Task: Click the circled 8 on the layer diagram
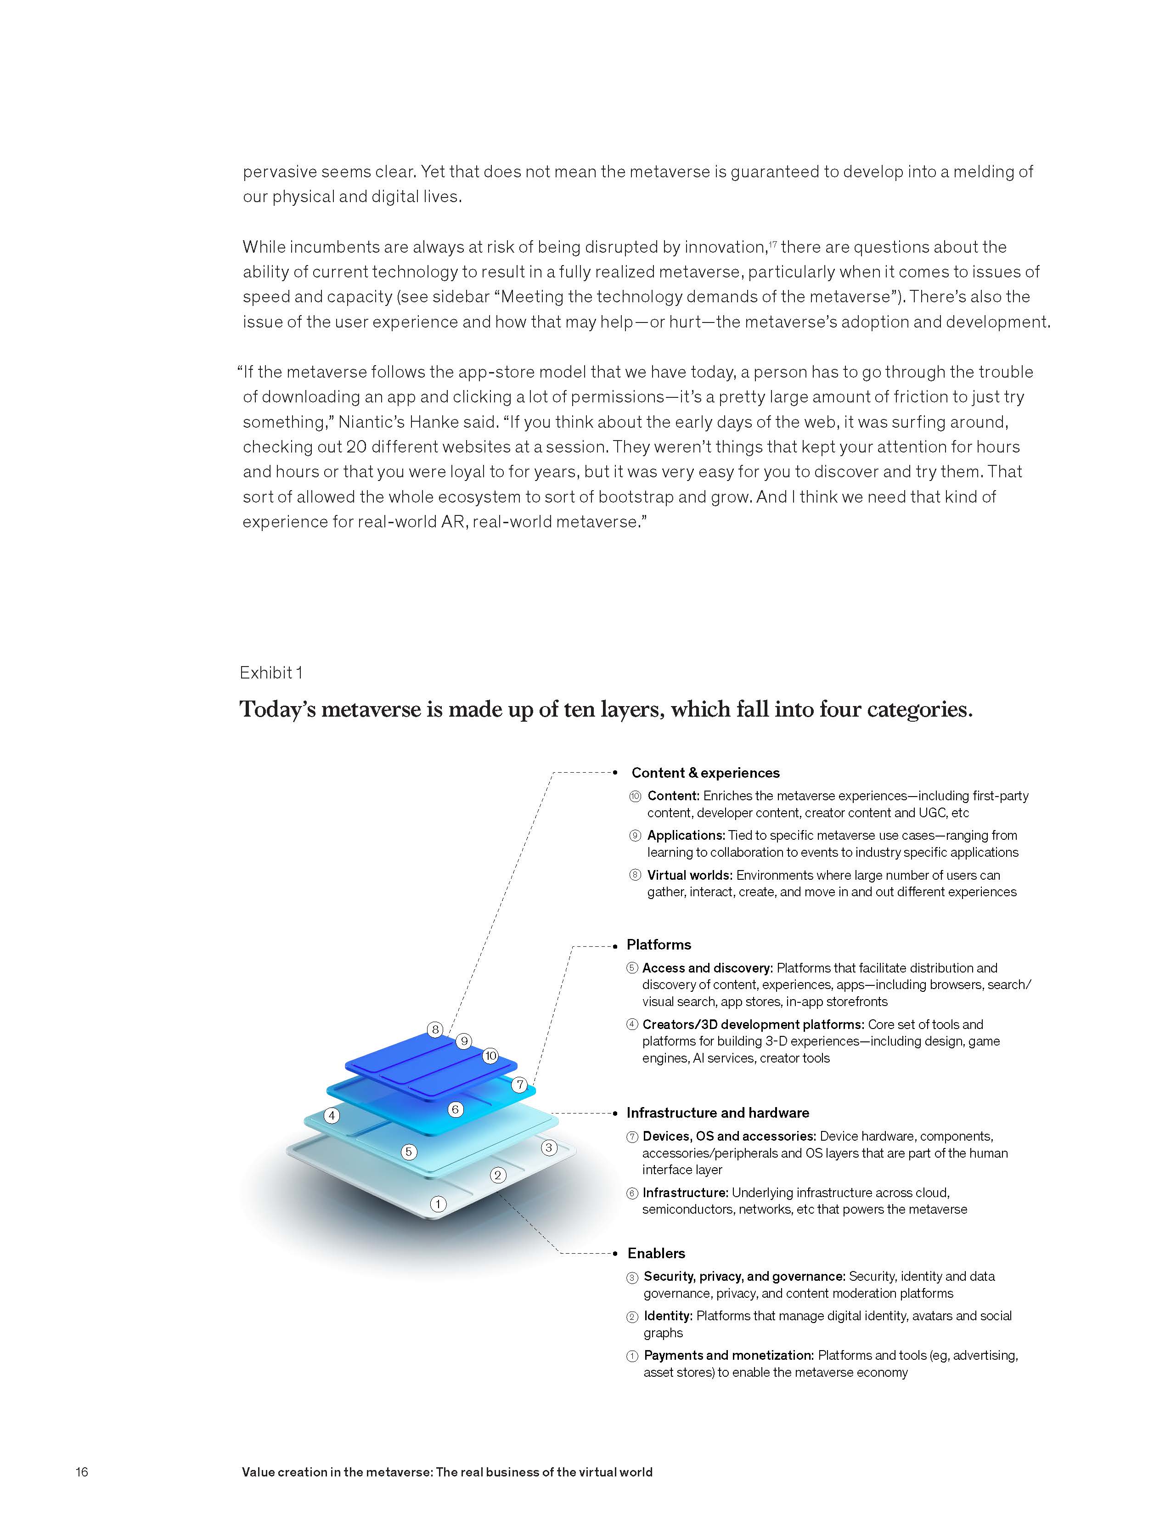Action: coord(436,1029)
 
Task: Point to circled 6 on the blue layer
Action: coord(455,1109)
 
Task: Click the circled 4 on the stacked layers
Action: coord(332,1116)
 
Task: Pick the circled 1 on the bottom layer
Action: coord(438,1204)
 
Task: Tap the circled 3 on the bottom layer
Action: coord(549,1147)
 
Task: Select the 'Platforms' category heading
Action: coord(659,944)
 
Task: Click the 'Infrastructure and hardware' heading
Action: coord(717,1113)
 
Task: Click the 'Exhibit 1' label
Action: coord(271,672)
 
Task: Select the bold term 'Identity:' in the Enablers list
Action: coord(668,1316)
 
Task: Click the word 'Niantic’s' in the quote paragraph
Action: coord(371,422)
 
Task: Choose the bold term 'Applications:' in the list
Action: coord(686,835)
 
